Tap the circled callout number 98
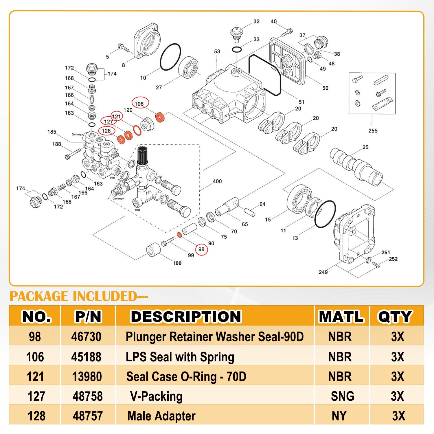[x=201, y=249]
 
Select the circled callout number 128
[x=106, y=131]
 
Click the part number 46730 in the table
[x=86, y=336]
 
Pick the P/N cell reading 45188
[x=86, y=357]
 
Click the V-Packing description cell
[x=156, y=396]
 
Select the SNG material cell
[x=342, y=396]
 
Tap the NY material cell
[x=339, y=416]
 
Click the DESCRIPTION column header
[x=186, y=316]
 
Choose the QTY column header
[x=395, y=316]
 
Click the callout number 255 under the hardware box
[x=373, y=130]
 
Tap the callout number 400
[x=217, y=181]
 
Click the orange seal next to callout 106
[x=160, y=117]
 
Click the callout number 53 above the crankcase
[x=217, y=52]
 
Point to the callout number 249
[x=323, y=272]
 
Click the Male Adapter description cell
[x=161, y=416]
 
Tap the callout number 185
[x=52, y=132]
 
